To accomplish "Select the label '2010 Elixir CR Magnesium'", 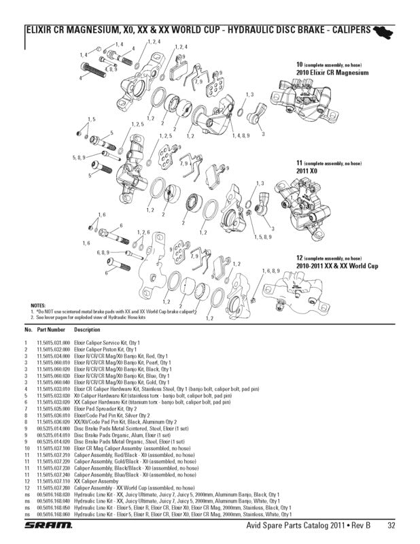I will [332, 71].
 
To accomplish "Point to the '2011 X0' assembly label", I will [307, 171].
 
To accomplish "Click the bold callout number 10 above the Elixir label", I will [299, 63].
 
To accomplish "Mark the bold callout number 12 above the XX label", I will [299, 258].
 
